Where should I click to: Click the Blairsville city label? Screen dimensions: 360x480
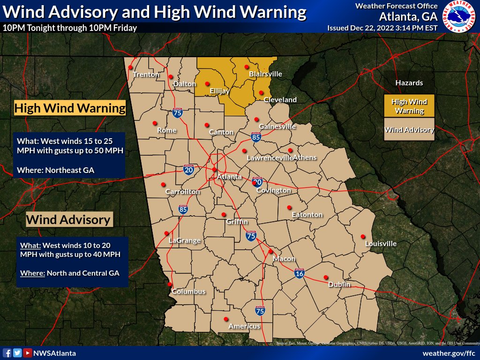[265, 74]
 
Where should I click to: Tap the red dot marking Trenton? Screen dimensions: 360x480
[130, 67]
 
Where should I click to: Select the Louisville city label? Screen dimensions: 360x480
[381, 244]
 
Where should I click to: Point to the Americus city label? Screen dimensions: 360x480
[244, 326]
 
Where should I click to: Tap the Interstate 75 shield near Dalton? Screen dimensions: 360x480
[177, 112]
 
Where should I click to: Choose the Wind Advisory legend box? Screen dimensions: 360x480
[409, 130]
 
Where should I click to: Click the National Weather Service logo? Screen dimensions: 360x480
[459, 17]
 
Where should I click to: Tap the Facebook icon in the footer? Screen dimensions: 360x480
[7, 353]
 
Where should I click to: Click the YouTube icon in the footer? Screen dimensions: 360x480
[28, 353]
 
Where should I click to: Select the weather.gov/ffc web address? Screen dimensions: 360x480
[449, 353]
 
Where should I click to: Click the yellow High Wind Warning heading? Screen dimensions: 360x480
[70, 108]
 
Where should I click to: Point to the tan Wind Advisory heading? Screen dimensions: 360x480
[68, 219]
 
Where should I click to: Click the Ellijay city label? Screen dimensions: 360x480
[219, 90]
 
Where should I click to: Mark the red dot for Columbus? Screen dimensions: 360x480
[170, 284]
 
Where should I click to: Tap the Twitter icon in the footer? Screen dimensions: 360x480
[17, 353]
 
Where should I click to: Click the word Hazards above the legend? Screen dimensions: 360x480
[409, 83]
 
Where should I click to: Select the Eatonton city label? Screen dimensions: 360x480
[307, 215]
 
